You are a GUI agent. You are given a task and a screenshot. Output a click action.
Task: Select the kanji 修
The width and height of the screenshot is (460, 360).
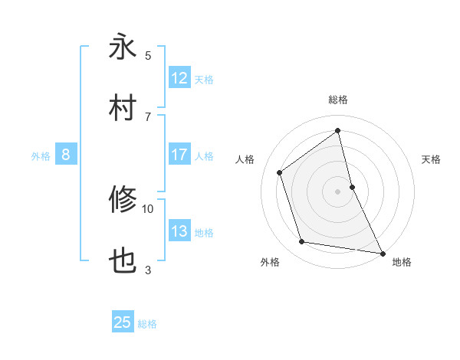click(x=123, y=200)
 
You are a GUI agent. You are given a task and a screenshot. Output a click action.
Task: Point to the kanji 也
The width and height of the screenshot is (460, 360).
click(x=123, y=262)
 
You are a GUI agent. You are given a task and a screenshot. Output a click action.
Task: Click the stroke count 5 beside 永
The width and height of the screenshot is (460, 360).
click(x=148, y=55)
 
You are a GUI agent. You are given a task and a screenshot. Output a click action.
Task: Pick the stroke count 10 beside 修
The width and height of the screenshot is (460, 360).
click(x=148, y=208)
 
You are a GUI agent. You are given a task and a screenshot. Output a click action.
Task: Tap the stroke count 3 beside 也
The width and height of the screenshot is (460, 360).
click(x=148, y=270)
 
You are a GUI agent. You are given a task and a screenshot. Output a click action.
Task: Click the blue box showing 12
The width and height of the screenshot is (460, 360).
click(x=179, y=78)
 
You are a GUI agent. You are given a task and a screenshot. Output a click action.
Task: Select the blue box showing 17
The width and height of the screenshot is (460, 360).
click(x=179, y=155)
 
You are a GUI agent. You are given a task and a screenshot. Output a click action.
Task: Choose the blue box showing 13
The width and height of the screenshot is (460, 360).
click(x=179, y=231)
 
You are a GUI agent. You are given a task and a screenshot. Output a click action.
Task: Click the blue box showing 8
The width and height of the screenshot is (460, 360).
click(x=66, y=155)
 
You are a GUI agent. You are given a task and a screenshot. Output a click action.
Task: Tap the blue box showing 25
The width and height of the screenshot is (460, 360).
click(x=123, y=322)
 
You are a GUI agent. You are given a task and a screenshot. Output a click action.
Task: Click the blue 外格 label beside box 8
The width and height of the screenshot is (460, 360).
click(x=41, y=155)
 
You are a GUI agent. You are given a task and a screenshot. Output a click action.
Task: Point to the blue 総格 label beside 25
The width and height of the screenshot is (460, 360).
click(x=147, y=324)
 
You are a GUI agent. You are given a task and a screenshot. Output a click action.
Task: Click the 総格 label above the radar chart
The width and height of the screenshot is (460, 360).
click(x=338, y=100)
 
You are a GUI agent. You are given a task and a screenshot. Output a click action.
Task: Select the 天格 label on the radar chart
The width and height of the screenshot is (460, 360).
click(x=432, y=159)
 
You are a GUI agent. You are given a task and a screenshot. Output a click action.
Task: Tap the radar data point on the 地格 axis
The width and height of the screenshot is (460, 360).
click(x=382, y=252)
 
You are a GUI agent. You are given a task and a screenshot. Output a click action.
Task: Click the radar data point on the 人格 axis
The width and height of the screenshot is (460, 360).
click(x=280, y=172)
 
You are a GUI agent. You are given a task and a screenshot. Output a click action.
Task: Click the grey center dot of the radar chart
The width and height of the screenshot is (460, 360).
click(x=338, y=191)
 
